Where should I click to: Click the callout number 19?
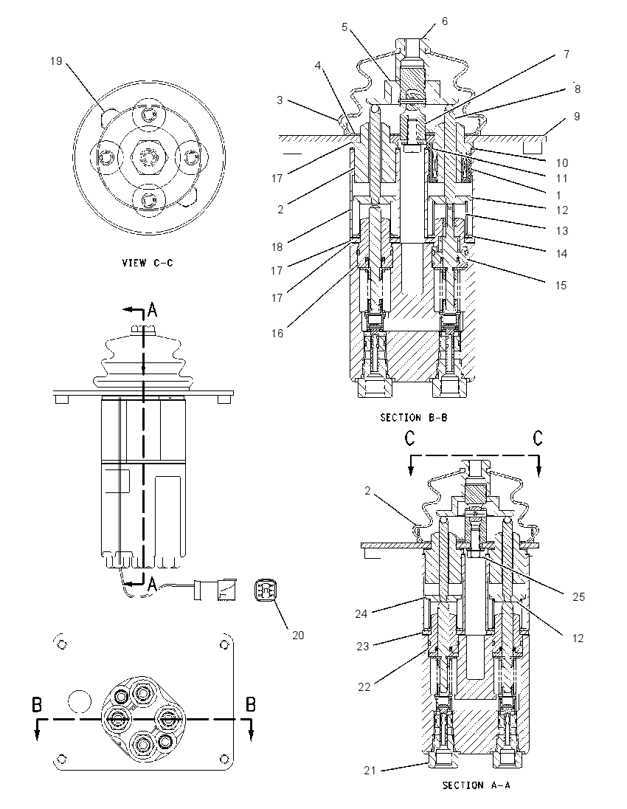click(55, 61)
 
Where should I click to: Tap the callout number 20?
click(298, 635)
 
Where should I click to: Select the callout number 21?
click(370, 771)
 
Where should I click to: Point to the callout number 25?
click(578, 597)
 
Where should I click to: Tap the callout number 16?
click(277, 334)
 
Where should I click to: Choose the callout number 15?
click(561, 286)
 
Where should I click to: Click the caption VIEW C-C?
click(148, 263)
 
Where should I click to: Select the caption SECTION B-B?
click(414, 417)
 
